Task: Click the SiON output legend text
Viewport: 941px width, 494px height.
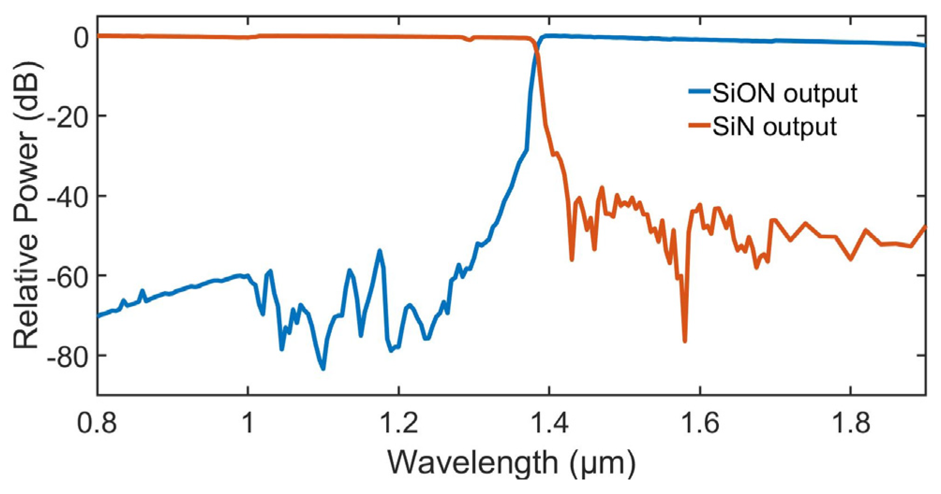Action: tap(784, 93)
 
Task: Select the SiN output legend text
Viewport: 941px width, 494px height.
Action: tap(774, 126)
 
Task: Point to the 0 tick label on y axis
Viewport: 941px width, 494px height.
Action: tap(81, 37)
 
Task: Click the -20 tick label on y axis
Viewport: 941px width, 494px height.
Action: tap(67, 117)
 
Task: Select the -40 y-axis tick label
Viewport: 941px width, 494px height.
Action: tap(67, 197)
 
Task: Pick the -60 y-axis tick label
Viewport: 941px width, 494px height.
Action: tap(67, 276)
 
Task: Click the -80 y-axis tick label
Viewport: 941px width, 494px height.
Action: tap(67, 356)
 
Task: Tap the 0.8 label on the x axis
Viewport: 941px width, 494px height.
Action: tap(97, 423)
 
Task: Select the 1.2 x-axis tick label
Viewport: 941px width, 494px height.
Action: tap(398, 423)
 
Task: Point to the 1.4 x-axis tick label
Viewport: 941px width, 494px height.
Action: tap(549, 423)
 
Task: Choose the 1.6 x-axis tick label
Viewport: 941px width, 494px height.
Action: tap(700, 423)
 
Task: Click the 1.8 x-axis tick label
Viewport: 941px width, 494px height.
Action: tap(850, 423)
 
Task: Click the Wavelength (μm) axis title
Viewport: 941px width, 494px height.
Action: tap(511, 463)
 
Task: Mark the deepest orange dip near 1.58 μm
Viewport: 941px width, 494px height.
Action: tap(685, 341)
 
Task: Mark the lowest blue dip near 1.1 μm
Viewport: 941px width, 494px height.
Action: tap(323, 368)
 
